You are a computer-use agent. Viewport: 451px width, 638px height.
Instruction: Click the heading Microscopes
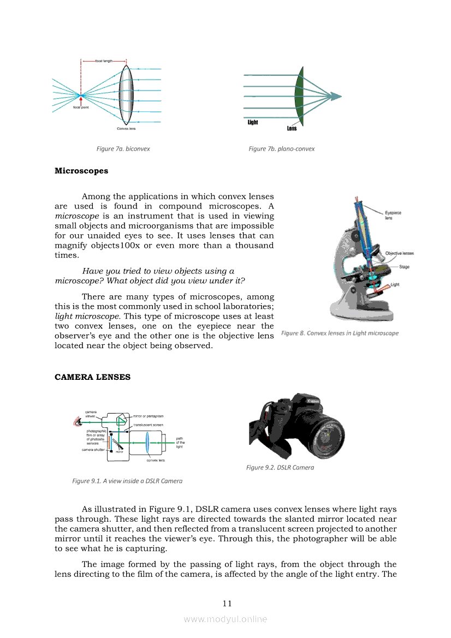81,171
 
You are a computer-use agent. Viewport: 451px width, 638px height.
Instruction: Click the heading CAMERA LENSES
92,377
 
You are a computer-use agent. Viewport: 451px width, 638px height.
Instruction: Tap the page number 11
227,603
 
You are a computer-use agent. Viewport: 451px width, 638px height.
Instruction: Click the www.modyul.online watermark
226,619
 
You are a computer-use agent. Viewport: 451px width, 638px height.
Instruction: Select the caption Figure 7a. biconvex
123,148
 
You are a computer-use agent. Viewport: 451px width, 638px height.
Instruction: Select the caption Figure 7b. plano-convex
281,148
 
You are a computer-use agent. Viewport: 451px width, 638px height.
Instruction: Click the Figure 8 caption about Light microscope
340,333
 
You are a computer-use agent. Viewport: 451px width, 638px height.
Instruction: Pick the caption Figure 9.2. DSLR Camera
280,467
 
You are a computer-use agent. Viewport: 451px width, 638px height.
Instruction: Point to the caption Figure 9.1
127,481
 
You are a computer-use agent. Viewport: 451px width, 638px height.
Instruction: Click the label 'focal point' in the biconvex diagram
81,108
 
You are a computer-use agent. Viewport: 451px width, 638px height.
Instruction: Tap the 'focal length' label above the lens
104,61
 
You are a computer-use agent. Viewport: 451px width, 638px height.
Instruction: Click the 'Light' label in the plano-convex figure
253,122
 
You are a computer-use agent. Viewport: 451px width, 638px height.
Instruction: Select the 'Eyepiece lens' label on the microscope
393,215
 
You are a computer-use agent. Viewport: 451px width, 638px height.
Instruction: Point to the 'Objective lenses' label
399,253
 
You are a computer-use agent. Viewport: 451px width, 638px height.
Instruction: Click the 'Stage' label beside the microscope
404,267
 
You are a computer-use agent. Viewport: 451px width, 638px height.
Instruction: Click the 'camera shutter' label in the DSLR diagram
93,450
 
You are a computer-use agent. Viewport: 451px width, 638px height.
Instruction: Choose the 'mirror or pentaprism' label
148,416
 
